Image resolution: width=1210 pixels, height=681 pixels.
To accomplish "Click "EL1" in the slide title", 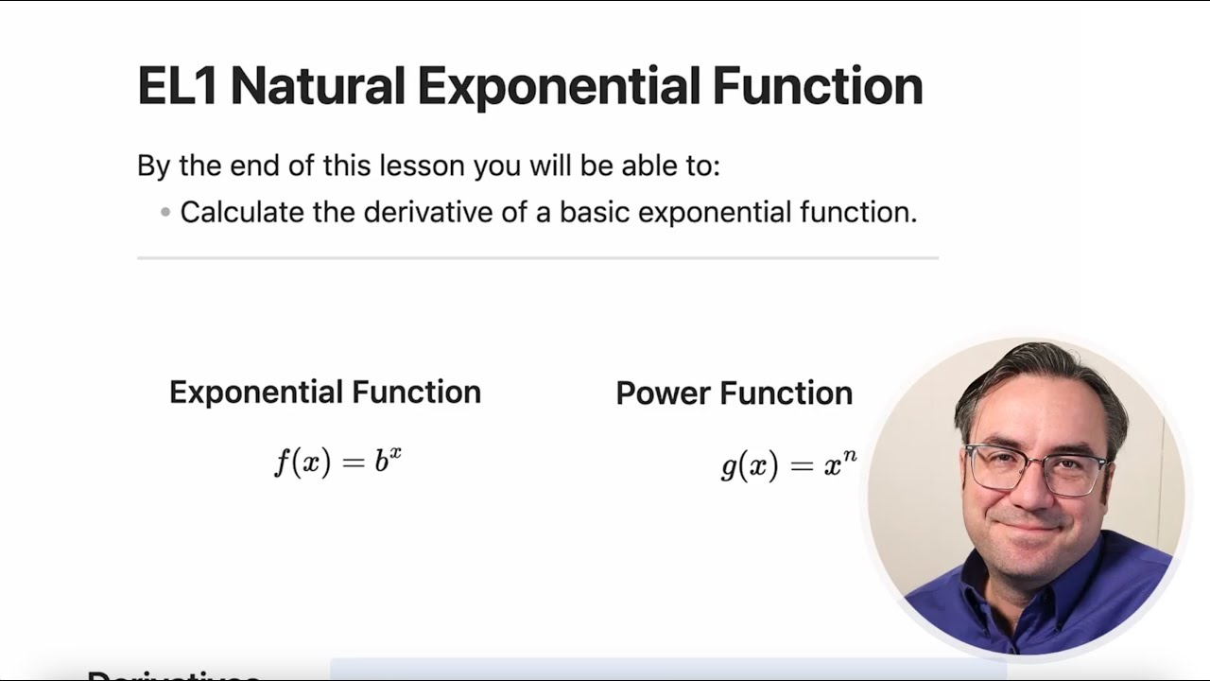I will [178, 85].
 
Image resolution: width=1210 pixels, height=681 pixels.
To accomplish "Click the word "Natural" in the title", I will [318, 85].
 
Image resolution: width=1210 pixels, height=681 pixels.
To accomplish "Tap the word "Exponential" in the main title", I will [558, 85].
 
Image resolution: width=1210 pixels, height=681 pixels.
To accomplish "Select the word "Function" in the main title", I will [817, 85].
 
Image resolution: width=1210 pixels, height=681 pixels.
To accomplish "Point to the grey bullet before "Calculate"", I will [165, 212].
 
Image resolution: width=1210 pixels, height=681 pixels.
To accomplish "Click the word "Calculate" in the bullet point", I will [242, 212].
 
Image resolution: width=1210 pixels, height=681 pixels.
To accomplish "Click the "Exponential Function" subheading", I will [324, 392].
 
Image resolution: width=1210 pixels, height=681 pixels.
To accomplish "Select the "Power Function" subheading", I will [734, 393].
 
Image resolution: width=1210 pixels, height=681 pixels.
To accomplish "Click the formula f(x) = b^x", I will [337, 463].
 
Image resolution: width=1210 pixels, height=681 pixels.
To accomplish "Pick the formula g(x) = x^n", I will [787, 465].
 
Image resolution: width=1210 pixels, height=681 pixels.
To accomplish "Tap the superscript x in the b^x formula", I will [395, 453].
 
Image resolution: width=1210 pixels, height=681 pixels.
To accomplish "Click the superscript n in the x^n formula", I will [850, 457].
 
